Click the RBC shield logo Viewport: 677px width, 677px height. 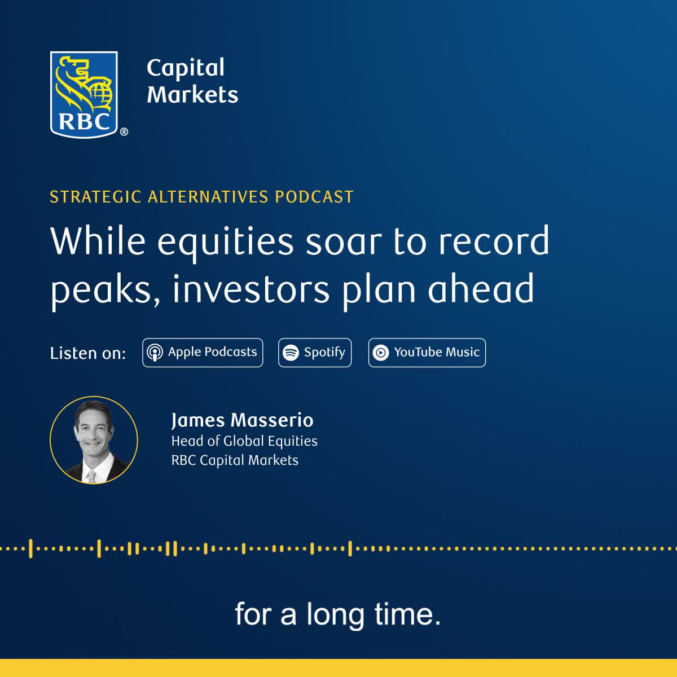83,95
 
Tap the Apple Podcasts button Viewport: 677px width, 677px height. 203,353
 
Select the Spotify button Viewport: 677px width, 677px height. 315,353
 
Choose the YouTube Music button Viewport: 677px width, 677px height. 427,353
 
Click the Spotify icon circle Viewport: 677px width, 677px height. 291,353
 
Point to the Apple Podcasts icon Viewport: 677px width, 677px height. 155,353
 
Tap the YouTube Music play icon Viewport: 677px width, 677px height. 381,353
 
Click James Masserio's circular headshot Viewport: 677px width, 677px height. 94,440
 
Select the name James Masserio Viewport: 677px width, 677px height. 242,420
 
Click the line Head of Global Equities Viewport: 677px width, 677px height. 244,441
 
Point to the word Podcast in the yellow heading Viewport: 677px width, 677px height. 314,197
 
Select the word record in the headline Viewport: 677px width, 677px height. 494,240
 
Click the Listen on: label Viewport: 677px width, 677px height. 88,353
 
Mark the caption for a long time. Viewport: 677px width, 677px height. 337,614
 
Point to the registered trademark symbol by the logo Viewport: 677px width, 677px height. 124,132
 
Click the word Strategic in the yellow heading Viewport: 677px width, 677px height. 95,197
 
